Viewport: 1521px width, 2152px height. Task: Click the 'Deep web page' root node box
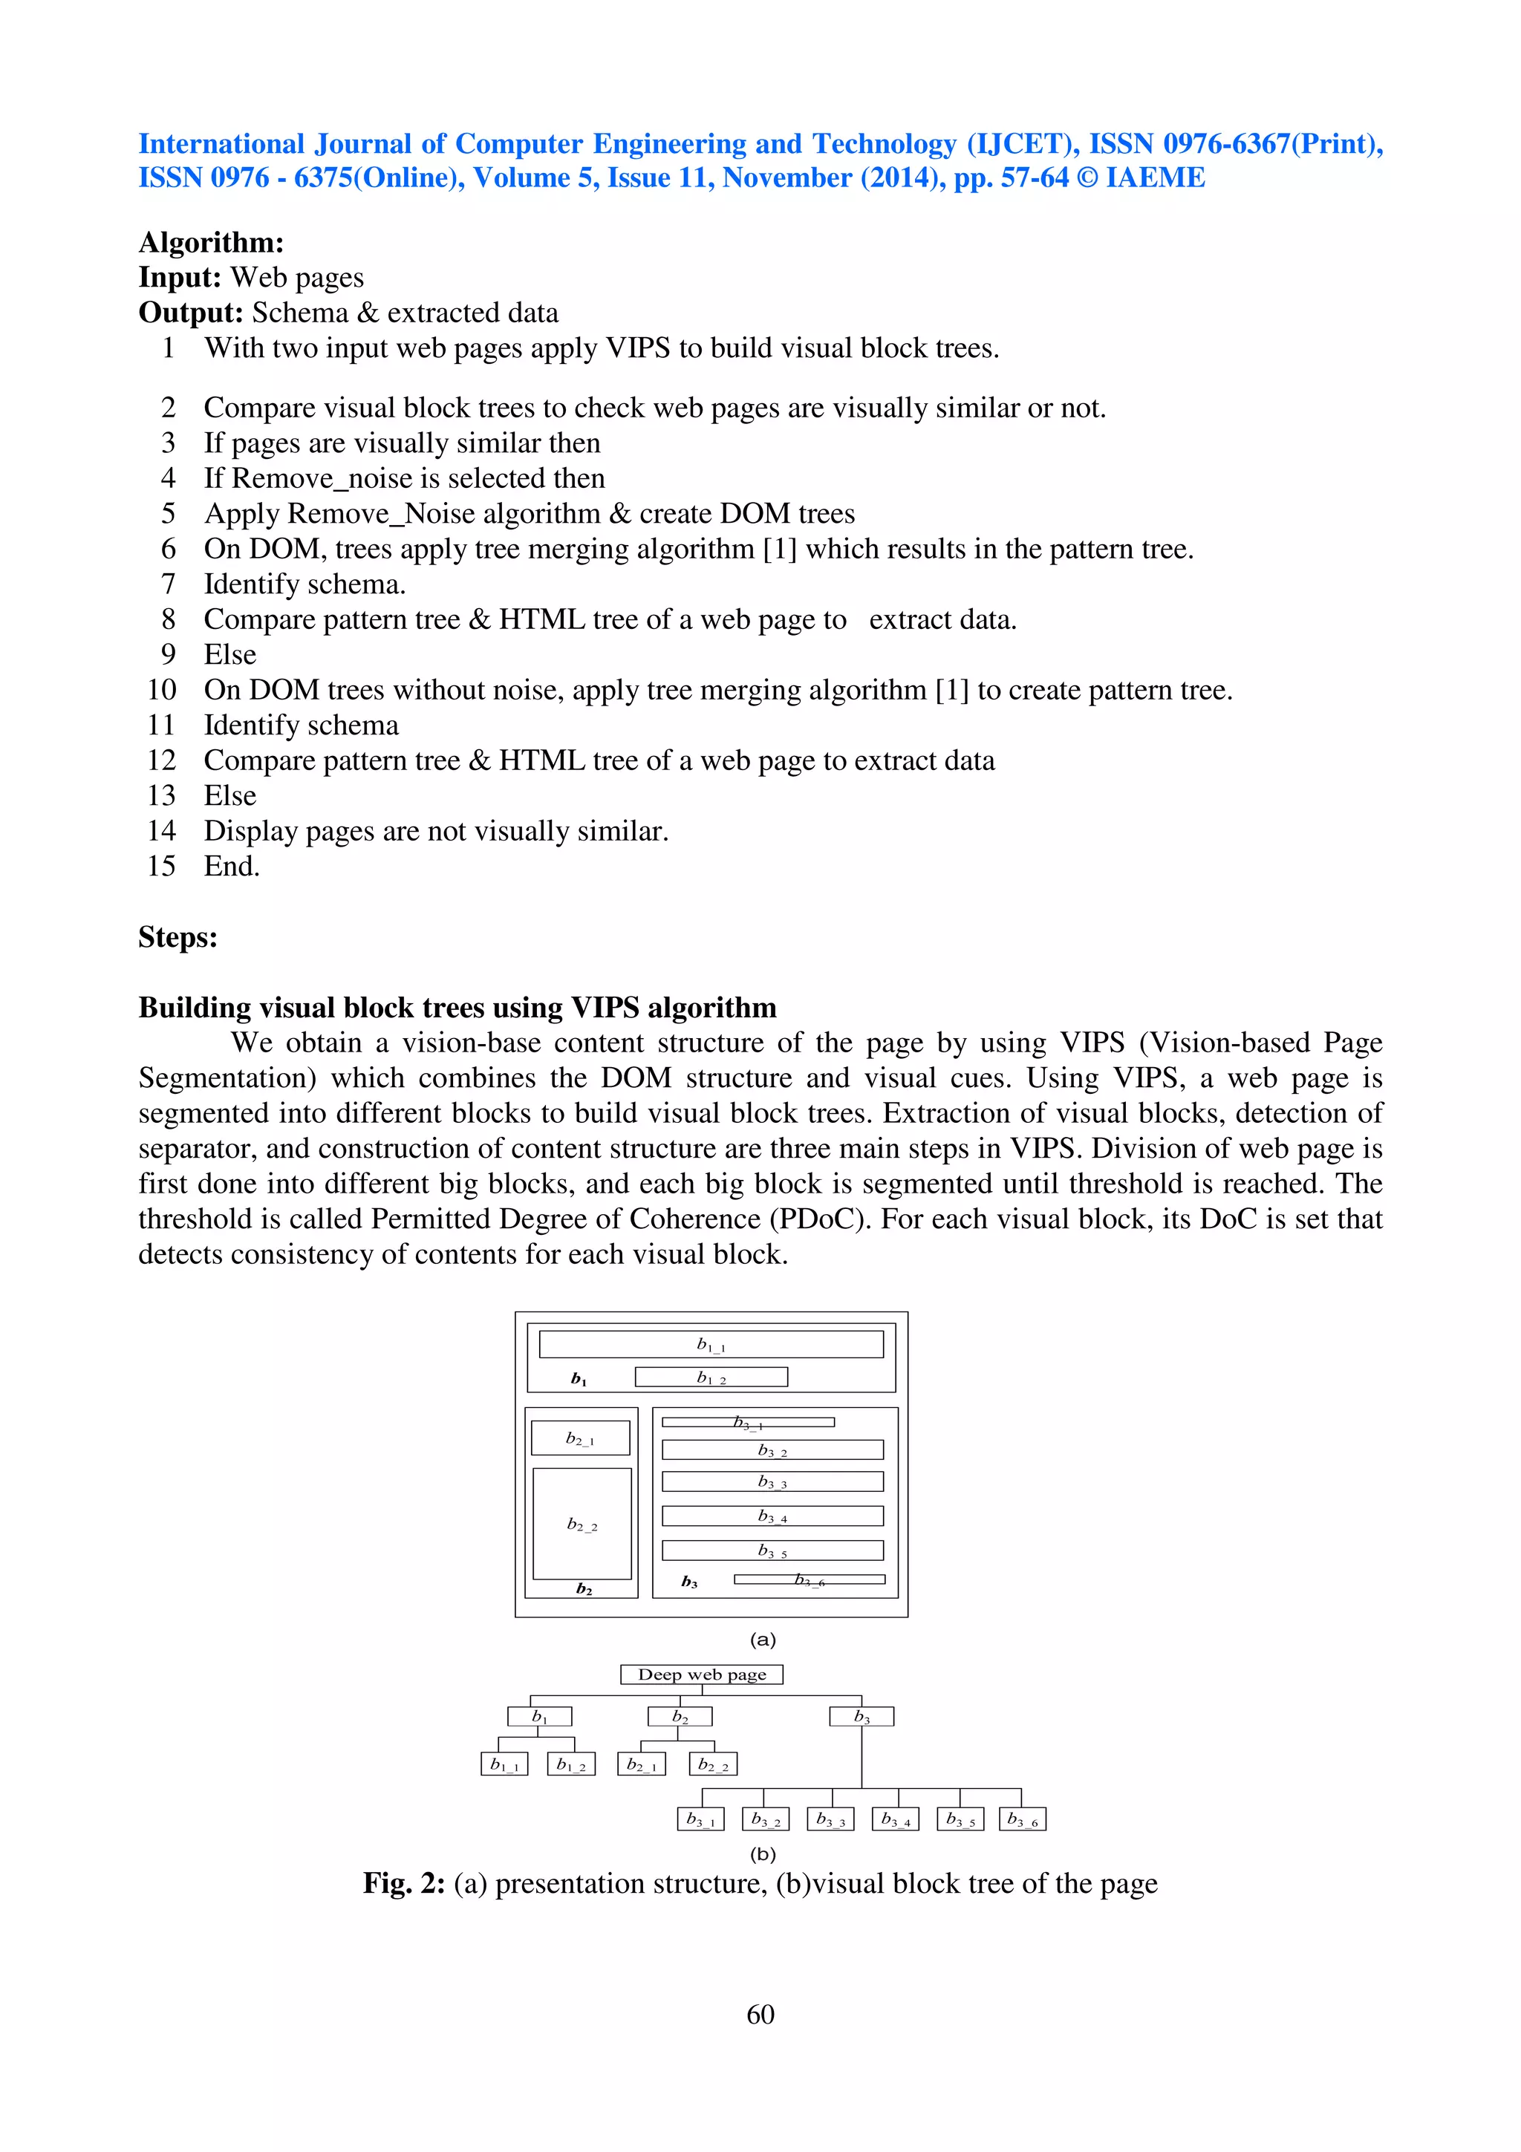[x=701, y=1674]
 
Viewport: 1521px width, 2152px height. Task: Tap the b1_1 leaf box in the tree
[x=504, y=1764]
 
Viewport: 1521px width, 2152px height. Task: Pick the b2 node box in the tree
[x=680, y=1716]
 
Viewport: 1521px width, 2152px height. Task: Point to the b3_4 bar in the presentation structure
[x=772, y=1516]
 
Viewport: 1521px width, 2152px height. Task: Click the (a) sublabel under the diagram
[x=762, y=1640]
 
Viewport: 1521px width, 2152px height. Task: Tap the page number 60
[x=760, y=2014]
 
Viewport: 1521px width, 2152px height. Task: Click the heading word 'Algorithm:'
[x=211, y=243]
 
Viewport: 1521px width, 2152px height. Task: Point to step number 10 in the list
[x=161, y=690]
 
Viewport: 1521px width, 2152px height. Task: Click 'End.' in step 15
[x=232, y=866]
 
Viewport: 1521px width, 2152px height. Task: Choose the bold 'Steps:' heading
[x=178, y=936]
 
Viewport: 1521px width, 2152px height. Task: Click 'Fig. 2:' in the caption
[x=404, y=1883]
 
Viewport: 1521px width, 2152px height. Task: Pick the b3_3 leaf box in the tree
[x=830, y=1819]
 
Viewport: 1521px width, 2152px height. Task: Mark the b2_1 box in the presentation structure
[x=580, y=1438]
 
